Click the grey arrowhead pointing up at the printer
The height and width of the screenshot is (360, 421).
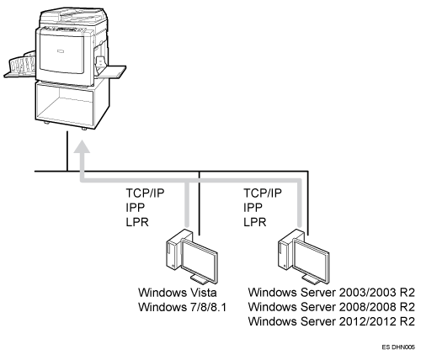click(x=82, y=146)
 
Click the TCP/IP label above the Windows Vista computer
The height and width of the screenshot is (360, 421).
click(x=145, y=193)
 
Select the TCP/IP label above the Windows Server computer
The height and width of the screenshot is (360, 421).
click(x=263, y=193)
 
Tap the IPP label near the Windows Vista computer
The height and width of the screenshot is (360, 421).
click(x=136, y=208)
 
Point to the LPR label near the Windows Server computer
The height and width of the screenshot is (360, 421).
click(x=254, y=222)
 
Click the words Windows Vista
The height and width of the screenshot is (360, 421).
click(x=178, y=293)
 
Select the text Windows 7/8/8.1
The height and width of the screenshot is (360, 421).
click(x=182, y=307)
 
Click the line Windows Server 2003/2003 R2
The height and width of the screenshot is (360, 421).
click(x=331, y=293)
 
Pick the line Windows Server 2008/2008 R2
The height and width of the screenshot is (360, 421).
click(x=331, y=307)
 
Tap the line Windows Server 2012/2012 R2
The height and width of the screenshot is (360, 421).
click(x=331, y=321)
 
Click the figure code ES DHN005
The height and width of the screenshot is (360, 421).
click(x=398, y=347)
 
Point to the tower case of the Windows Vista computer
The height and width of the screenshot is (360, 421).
click(x=175, y=249)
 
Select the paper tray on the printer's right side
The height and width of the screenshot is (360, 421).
click(x=111, y=72)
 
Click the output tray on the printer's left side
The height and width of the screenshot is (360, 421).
click(x=19, y=66)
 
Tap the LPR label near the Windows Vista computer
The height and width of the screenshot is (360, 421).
click(x=137, y=222)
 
